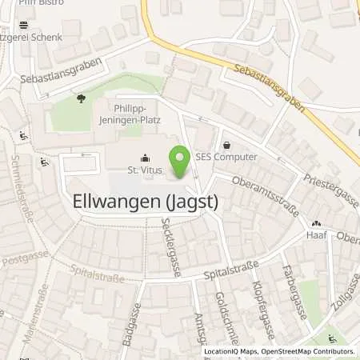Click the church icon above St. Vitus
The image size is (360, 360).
144,157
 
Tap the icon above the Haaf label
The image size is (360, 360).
317,225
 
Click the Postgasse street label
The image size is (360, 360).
19,259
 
